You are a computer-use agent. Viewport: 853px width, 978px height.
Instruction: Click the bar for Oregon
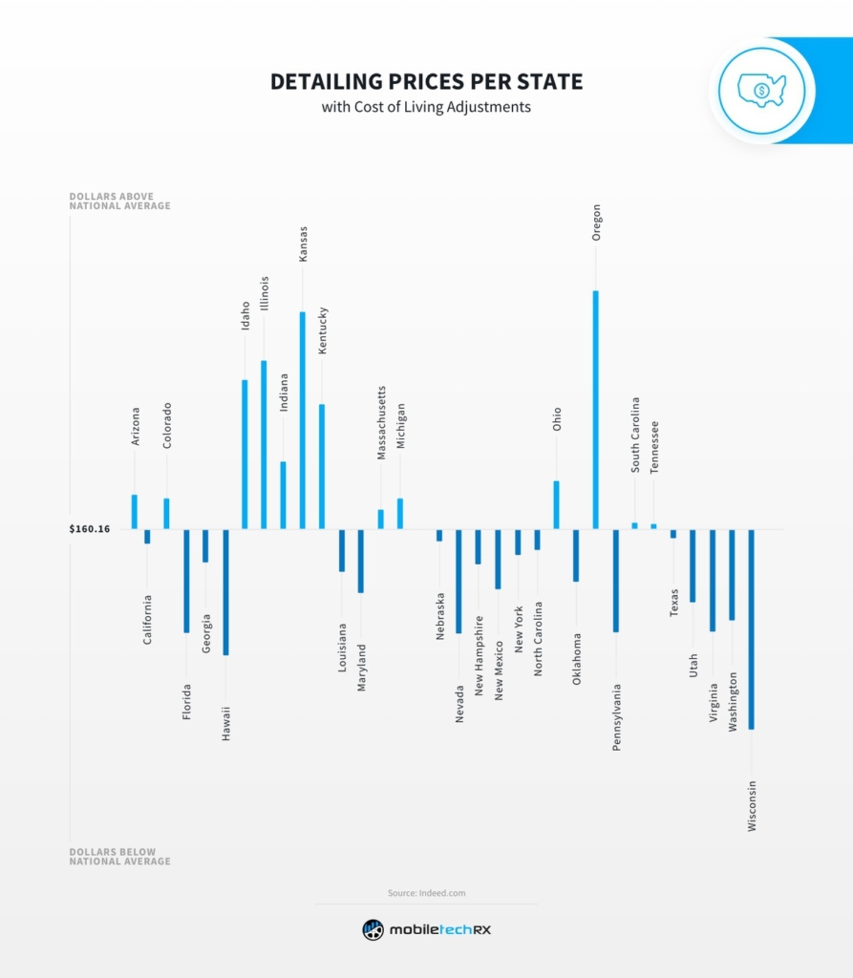pos(596,410)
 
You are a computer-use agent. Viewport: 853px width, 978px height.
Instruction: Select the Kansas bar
pos(303,420)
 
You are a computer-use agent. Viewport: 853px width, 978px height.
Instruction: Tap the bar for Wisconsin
pos(752,629)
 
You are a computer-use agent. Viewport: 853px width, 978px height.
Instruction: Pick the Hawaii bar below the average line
pos(225,592)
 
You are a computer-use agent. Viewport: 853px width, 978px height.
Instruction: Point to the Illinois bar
pos(264,444)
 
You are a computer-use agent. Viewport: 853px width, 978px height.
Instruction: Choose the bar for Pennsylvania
pos(616,581)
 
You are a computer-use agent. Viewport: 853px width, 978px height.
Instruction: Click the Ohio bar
pos(557,504)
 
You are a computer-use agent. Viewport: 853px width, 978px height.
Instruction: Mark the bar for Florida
pos(186,581)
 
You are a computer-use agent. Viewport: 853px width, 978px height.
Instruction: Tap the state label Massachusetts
pos(381,423)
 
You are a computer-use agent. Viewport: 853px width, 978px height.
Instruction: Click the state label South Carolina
pos(635,436)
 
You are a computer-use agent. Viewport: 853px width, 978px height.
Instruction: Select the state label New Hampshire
pos(479,658)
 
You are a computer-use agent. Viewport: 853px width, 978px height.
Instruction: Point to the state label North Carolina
pos(538,639)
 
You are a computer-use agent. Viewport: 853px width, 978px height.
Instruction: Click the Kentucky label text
pos(323,330)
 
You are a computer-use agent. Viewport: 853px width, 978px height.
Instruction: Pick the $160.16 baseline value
pos(90,529)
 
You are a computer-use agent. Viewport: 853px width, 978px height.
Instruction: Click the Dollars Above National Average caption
pos(119,201)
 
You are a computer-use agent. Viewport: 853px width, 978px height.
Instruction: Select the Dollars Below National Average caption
pos(119,857)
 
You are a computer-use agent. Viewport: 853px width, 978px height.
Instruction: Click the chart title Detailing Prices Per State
pos(426,82)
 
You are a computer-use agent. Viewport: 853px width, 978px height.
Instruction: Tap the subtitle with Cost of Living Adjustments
pos(426,107)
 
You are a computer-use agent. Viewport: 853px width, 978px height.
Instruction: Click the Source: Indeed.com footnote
pos(426,893)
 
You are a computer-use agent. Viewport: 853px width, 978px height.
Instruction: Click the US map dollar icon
pos(761,91)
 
